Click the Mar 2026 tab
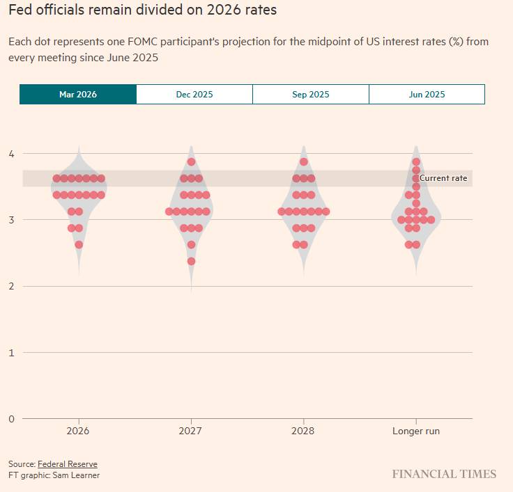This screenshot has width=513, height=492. pyautogui.click(x=78, y=95)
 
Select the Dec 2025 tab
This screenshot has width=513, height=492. pyautogui.click(x=194, y=95)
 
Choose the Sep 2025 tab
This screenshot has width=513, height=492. pyautogui.click(x=311, y=95)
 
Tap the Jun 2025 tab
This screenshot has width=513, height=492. pyautogui.click(x=427, y=95)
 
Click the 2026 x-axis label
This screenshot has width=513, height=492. pyautogui.click(x=78, y=431)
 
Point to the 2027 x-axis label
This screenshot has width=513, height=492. pyautogui.click(x=190, y=431)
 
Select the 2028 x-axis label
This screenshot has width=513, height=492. pyautogui.click(x=303, y=431)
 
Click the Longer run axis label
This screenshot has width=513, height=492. pyautogui.click(x=416, y=431)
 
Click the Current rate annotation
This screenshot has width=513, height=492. pyautogui.click(x=443, y=179)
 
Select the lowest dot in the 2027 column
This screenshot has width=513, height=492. pyautogui.click(x=191, y=262)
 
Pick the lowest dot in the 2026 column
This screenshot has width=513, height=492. pyautogui.click(x=79, y=245)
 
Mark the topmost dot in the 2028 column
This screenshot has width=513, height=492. pyautogui.click(x=304, y=162)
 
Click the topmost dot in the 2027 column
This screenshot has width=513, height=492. pyautogui.click(x=191, y=162)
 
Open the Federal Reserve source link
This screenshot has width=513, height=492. pyautogui.click(x=68, y=464)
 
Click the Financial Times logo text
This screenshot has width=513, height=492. pyautogui.click(x=444, y=475)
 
